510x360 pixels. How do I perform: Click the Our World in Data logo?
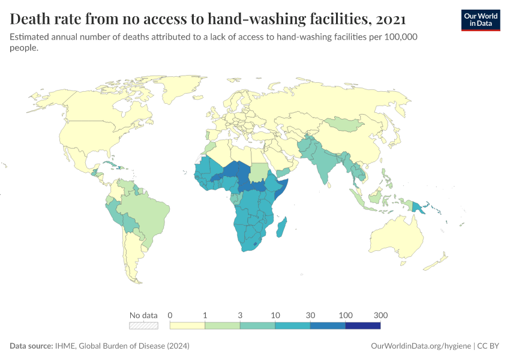point(480,19)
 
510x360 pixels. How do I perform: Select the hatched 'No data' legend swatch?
point(144,325)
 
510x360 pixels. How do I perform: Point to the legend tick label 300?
point(380,315)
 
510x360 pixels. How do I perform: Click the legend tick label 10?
point(275,315)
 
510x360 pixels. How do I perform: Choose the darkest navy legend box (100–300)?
point(363,325)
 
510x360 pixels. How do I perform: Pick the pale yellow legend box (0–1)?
point(188,325)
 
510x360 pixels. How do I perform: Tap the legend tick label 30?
point(310,315)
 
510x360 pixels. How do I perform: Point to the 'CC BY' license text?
point(488,346)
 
